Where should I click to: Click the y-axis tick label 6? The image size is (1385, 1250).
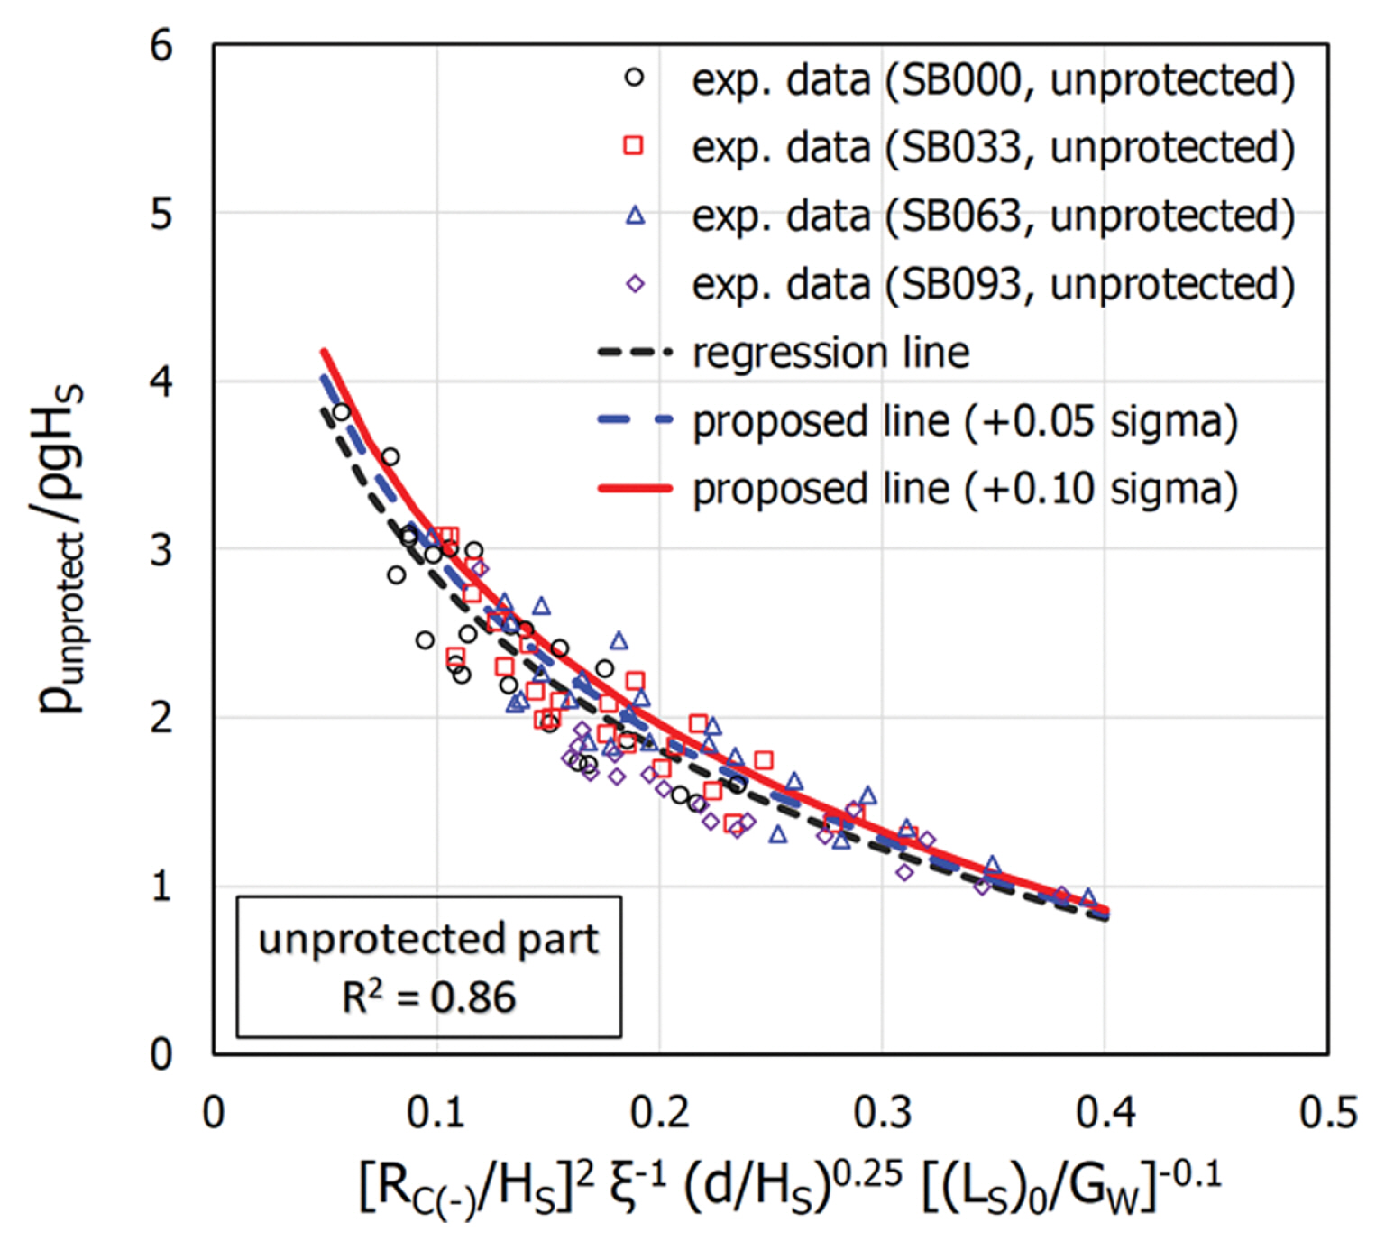coord(161,46)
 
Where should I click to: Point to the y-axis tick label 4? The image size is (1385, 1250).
coord(161,381)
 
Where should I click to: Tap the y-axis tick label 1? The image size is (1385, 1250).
coord(161,887)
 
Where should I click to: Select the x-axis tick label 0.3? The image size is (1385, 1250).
coord(882,1113)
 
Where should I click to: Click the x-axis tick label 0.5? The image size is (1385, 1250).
coord(1327,1113)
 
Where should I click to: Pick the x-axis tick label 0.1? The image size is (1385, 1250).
coord(436,1113)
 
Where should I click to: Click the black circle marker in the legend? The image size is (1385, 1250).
coord(635,78)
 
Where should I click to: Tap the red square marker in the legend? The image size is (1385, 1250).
coord(635,146)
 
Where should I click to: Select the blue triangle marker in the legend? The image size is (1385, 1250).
coord(635,216)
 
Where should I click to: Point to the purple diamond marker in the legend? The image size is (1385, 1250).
coord(635,284)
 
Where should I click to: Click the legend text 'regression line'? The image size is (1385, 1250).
coord(830,353)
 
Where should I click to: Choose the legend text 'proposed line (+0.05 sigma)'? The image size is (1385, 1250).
coord(965,421)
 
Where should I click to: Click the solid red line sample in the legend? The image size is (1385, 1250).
coord(635,489)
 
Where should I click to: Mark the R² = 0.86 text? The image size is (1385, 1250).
coord(428,997)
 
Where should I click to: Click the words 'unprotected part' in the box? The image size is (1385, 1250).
coord(428,940)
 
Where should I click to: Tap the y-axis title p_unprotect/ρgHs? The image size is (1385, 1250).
coord(61,550)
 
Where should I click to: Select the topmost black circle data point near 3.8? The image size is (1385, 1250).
coord(341,413)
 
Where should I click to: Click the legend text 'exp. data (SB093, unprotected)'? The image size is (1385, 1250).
coord(993,284)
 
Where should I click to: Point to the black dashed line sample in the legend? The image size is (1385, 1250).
coord(635,353)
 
